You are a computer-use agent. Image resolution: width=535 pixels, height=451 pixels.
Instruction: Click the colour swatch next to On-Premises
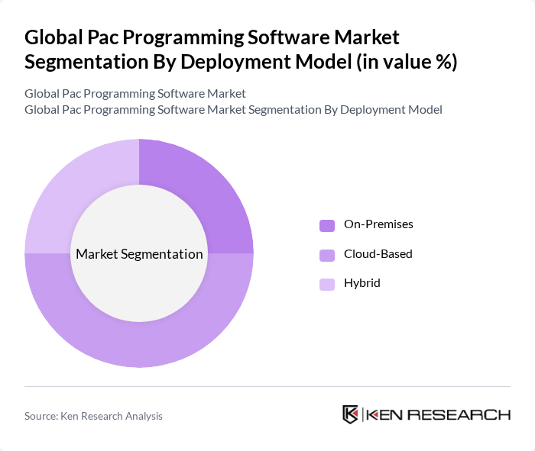[x=327, y=225]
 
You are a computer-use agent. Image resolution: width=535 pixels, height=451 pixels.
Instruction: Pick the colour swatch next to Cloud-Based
[x=327, y=254]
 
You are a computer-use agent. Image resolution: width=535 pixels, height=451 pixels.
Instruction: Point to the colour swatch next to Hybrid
[x=327, y=284]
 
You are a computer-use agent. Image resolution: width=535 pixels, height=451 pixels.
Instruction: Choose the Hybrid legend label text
[x=362, y=283]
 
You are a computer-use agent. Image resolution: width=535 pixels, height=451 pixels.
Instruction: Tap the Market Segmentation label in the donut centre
[x=139, y=254]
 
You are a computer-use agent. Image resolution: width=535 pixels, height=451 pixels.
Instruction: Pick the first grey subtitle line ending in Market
[x=135, y=94]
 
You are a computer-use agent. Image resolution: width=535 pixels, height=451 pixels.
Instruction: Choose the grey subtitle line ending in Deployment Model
[x=233, y=110]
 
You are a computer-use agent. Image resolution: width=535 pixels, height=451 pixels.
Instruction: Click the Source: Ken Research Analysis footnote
[x=93, y=416]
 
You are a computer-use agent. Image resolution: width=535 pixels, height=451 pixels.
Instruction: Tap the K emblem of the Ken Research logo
[x=351, y=414]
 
